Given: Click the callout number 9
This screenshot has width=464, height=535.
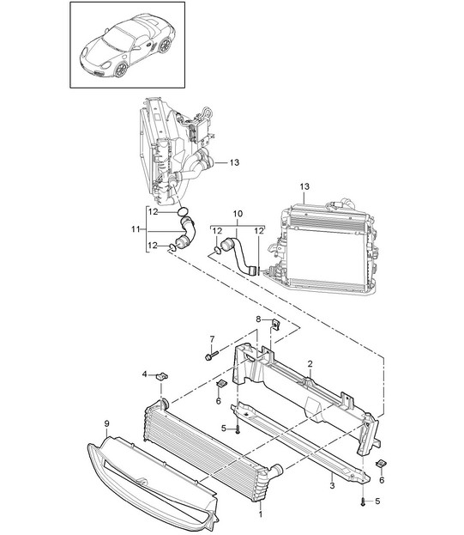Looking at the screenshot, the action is [106, 423].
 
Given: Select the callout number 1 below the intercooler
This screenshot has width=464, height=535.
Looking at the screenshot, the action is [261, 514].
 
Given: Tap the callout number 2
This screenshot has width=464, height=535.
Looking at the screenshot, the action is [310, 364].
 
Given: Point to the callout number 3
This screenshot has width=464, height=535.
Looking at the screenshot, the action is [332, 485].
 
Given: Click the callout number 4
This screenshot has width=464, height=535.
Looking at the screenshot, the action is [145, 374].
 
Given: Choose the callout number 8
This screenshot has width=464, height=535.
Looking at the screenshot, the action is [258, 319].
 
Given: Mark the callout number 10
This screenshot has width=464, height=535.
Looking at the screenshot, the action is [238, 214].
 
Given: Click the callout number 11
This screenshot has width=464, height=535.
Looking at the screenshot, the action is [136, 229].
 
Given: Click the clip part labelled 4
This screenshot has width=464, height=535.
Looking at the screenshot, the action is [162, 377].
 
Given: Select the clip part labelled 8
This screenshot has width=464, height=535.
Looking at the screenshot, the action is [275, 323].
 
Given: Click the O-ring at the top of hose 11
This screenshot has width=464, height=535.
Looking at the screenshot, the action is [184, 212].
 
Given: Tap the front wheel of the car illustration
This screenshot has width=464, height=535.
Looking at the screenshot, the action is [121, 70].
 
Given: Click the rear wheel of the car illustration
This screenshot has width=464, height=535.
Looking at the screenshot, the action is [166, 45].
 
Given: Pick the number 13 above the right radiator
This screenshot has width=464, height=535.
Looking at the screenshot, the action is [304, 186].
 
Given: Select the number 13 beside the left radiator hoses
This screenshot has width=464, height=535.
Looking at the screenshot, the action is [234, 162].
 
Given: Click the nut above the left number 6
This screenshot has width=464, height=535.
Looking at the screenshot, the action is [221, 384].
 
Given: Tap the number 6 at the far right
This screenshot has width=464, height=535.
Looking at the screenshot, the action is [382, 480].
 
